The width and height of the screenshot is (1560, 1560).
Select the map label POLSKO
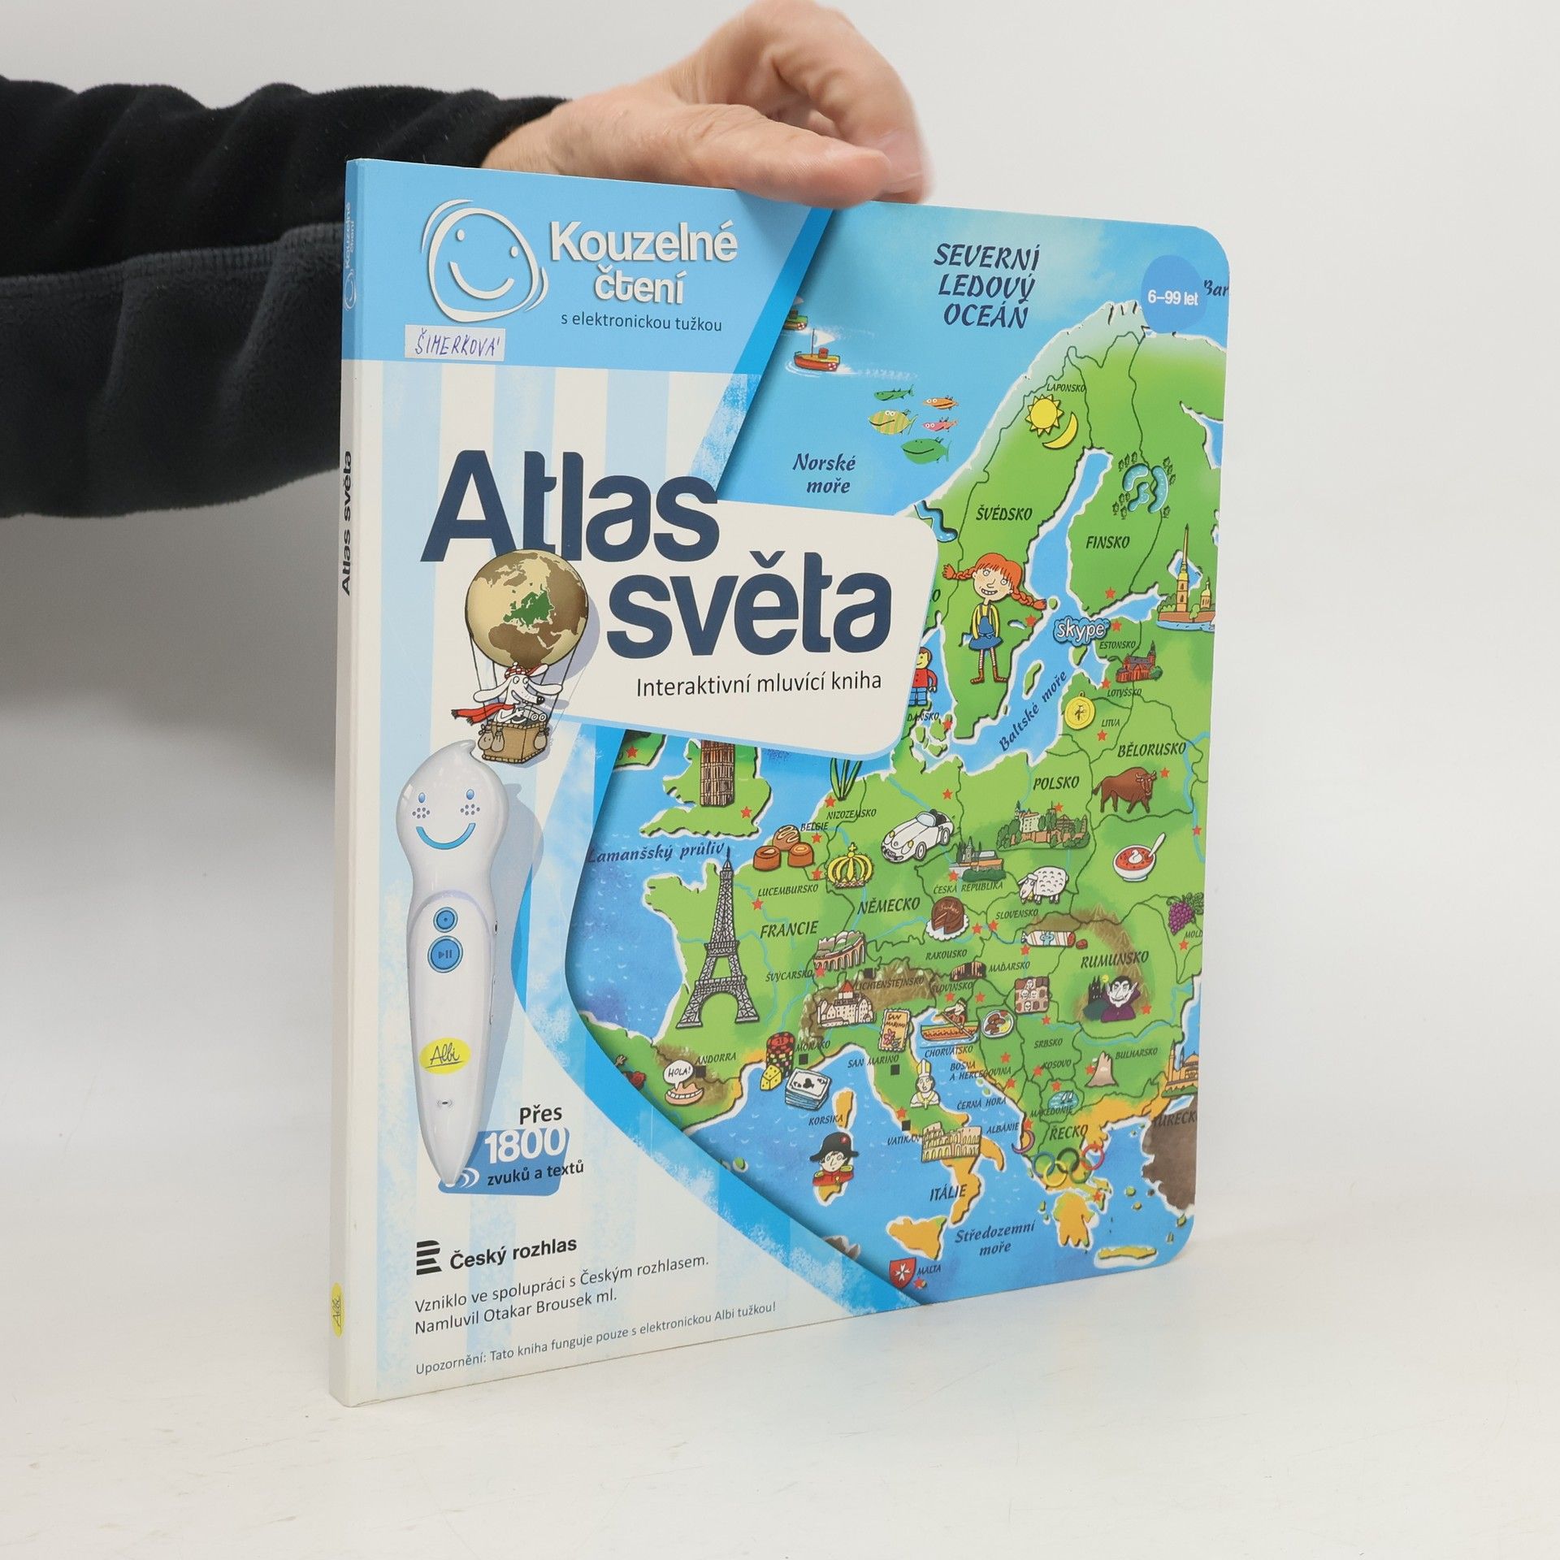pyautogui.click(x=1055, y=784)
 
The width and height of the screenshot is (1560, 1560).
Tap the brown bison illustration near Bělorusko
pyautogui.click(x=1126, y=790)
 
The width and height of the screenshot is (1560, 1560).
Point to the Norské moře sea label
pyautogui.click(x=822, y=474)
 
